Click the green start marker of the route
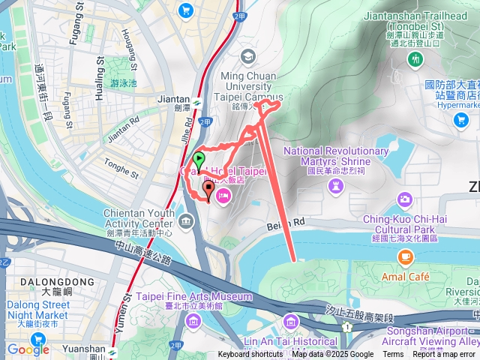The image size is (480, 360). (199, 159)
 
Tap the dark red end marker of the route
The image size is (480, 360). (208, 187)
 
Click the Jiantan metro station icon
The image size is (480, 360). (196, 103)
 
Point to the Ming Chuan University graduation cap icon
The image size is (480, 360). (248, 56)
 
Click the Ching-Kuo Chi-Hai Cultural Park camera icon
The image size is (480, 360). (405, 199)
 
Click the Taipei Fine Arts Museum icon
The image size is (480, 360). (194, 322)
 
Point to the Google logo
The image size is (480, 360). (28, 349)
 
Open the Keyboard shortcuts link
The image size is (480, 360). (250, 355)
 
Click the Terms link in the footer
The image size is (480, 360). (393, 355)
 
